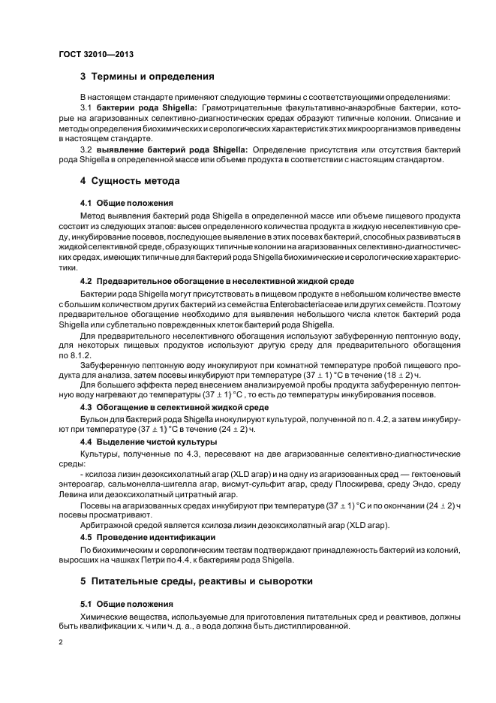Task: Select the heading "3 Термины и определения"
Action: pos(147,77)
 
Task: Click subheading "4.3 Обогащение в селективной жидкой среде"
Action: pos(173,407)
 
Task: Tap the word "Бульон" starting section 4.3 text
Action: pos(95,418)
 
